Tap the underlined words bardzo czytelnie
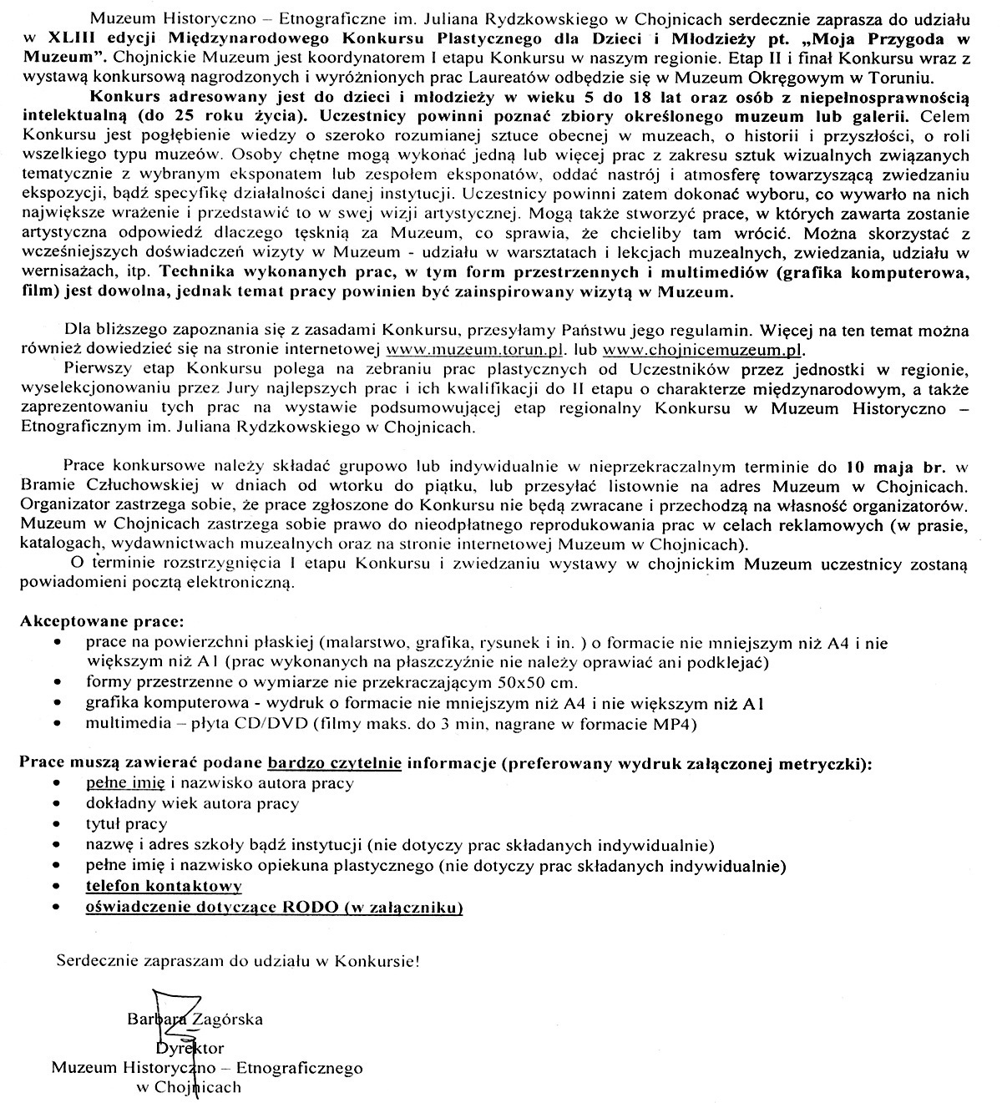click(335, 762)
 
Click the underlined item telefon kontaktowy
click(164, 886)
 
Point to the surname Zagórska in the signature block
click(228, 1019)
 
